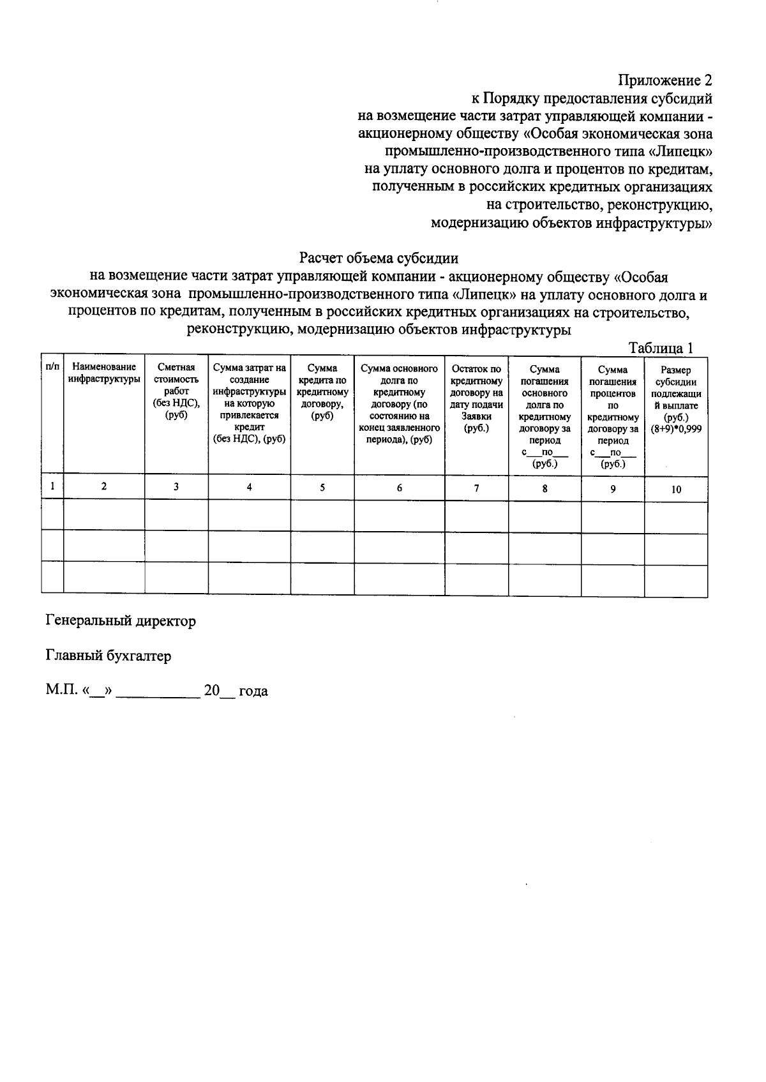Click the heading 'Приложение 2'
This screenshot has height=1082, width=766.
click(664, 81)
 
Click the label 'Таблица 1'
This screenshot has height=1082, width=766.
click(660, 348)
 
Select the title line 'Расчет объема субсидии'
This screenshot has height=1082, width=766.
click(379, 259)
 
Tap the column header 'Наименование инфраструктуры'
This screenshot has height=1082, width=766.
click(104, 373)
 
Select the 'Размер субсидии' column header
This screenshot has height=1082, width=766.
click(675, 382)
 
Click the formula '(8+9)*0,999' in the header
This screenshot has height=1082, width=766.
click(676, 430)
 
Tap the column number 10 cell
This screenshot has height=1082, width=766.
click(676, 490)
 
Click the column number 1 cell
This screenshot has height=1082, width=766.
click(52, 486)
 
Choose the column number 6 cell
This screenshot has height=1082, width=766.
click(400, 488)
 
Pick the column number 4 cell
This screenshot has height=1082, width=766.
click(250, 487)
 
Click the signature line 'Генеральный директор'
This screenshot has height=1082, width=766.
click(121, 620)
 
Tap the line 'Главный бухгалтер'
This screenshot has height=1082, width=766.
click(109, 656)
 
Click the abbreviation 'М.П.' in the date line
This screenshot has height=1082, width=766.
click(61, 691)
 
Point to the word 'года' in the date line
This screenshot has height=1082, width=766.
click(253, 691)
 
